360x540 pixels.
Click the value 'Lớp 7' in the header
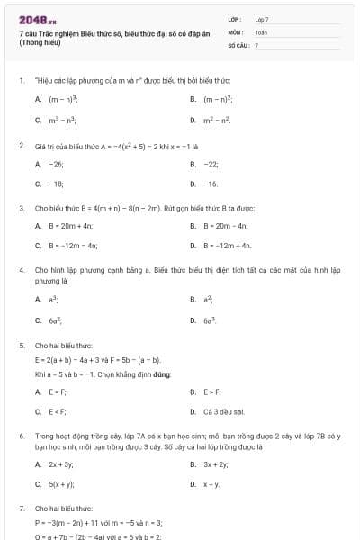coord(262,19)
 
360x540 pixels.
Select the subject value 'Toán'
coord(261,31)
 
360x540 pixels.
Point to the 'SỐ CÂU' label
coord(237,44)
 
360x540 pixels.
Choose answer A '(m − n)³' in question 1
coord(61,99)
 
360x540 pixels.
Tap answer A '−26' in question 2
coord(56,164)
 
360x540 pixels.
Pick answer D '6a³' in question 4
coord(210,319)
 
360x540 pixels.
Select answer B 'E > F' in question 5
coord(211,391)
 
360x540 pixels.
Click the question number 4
coord(21,269)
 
